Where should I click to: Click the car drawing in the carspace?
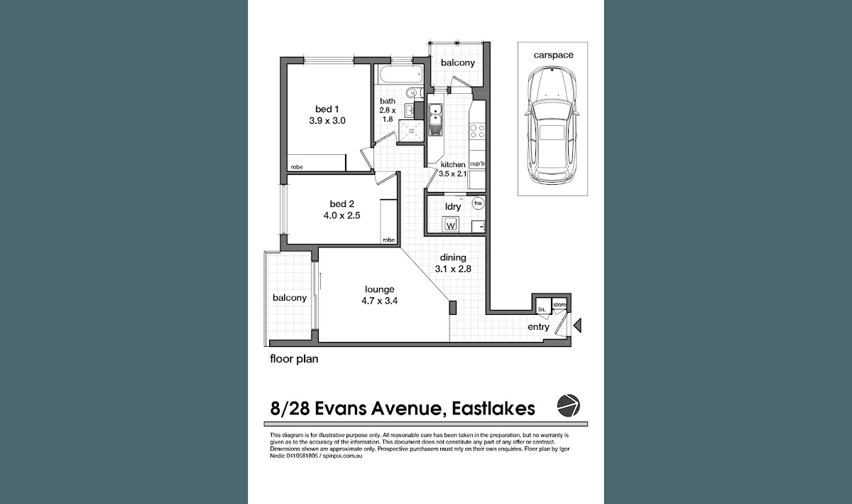(552, 124)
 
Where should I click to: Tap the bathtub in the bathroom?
(399, 75)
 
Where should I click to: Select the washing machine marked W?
(451, 225)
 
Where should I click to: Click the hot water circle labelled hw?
(478, 203)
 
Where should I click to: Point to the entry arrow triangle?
(578, 326)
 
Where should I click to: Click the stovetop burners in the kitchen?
(477, 131)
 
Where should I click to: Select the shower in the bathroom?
(411, 132)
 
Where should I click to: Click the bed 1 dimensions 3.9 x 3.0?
(327, 121)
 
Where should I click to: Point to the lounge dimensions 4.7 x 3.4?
(379, 301)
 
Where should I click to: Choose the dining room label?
(453, 257)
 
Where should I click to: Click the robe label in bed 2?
(389, 240)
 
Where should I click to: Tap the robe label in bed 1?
(297, 167)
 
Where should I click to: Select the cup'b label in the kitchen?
(477, 163)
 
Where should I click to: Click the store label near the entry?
(560, 305)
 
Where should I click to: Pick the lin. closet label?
(542, 309)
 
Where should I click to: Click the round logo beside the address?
(568, 406)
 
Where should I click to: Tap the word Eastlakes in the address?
(493, 409)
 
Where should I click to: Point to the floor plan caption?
(294, 359)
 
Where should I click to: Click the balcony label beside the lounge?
(290, 298)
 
